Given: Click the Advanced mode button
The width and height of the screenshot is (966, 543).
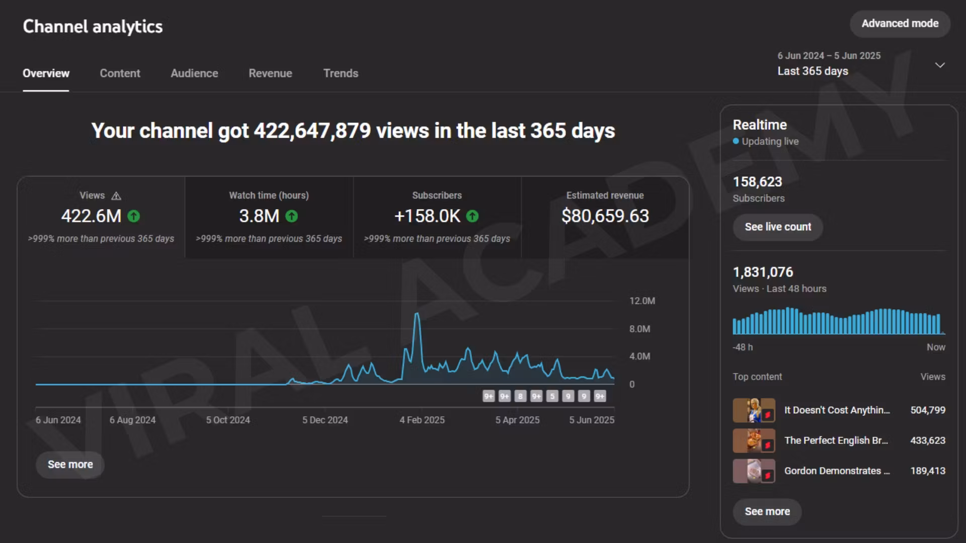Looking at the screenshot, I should [x=900, y=24].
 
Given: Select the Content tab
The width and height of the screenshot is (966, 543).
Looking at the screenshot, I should [x=120, y=73].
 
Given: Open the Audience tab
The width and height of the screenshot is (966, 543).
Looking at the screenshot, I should [x=194, y=73].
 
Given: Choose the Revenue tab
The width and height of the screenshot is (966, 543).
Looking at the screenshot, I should [x=270, y=73].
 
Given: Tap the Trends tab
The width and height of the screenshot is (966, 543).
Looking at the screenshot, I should [x=341, y=73].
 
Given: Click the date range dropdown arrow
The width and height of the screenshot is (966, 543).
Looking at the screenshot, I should [x=939, y=65].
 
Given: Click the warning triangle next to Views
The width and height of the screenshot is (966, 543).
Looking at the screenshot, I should [x=116, y=196].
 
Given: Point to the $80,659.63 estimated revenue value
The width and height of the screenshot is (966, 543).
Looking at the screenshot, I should [x=605, y=216].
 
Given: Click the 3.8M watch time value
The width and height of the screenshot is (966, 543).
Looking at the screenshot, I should [x=259, y=216].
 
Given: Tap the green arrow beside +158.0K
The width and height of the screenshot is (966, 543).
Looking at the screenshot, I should [x=472, y=216].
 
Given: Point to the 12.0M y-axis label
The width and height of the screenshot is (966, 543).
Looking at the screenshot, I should [x=642, y=301].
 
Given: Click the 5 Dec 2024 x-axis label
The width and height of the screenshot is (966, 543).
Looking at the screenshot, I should [x=325, y=420].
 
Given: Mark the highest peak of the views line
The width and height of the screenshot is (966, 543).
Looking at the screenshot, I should [x=417, y=314].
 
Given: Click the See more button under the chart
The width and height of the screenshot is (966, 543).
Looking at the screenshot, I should [x=70, y=465].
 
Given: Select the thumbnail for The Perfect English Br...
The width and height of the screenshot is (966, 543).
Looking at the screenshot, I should [x=753, y=441].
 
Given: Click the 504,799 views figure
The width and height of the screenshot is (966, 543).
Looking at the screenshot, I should [x=927, y=410].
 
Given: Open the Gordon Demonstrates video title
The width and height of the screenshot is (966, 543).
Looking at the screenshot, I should [x=837, y=471].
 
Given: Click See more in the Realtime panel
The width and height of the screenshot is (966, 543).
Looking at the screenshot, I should [x=767, y=512].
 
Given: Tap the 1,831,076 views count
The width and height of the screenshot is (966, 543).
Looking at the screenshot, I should [x=763, y=273].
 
